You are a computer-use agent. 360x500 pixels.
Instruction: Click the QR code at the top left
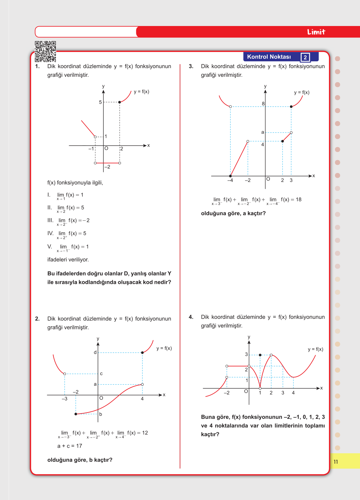(x=45, y=51)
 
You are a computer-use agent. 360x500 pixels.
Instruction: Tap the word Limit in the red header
(x=316, y=32)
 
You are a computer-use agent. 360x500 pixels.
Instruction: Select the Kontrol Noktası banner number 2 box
(x=305, y=57)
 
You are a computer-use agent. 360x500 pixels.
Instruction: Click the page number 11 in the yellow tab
(x=336, y=462)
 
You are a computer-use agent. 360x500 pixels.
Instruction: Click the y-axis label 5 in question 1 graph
(x=100, y=102)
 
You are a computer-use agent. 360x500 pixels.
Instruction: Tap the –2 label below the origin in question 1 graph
(x=107, y=167)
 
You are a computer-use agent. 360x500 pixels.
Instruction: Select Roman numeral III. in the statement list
(x=50, y=220)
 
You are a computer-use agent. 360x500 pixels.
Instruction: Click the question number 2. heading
(x=37, y=319)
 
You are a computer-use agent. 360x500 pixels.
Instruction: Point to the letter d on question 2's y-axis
(x=95, y=352)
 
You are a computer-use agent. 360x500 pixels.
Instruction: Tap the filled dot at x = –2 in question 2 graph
(x=76, y=414)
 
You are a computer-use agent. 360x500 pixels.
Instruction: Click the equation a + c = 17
(x=70, y=446)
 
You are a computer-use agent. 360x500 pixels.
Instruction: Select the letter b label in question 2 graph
(x=101, y=414)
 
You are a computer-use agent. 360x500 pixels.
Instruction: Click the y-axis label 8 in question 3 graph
(x=263, y=103)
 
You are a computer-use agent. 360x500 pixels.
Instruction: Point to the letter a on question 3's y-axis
(x=263, y=132)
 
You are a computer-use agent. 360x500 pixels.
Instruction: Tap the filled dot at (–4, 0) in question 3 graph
(x=230, y=176)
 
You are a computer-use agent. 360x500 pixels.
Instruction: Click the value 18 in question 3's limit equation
(x=299, y=200)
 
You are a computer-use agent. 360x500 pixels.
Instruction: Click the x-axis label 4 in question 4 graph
(x=293, y=393)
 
